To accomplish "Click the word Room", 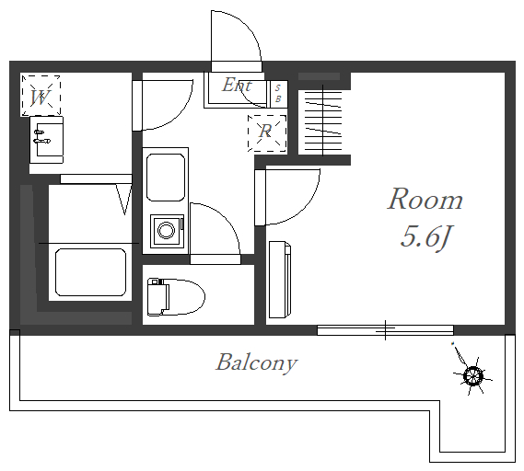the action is (x=425, y=199).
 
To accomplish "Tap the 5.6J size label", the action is (x=425, y=237).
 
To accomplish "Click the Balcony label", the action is (x=256, y=362).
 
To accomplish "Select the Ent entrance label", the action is (x=237, y=85).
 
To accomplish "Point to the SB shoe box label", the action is (x=278, y=94).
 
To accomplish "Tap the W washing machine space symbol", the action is (x=41, y=96).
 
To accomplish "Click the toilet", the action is (x=176, y=297).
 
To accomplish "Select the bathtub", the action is (x=90, y=272).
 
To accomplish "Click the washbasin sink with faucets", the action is (x=46, y=140).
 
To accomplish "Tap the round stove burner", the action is (x=166, y=231).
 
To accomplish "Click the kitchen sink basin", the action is (x=166, y=178).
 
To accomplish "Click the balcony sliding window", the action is (x=385, y=330).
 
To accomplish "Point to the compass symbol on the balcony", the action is (x=472, y=375).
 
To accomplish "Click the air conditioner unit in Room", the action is (x=280, y=280).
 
